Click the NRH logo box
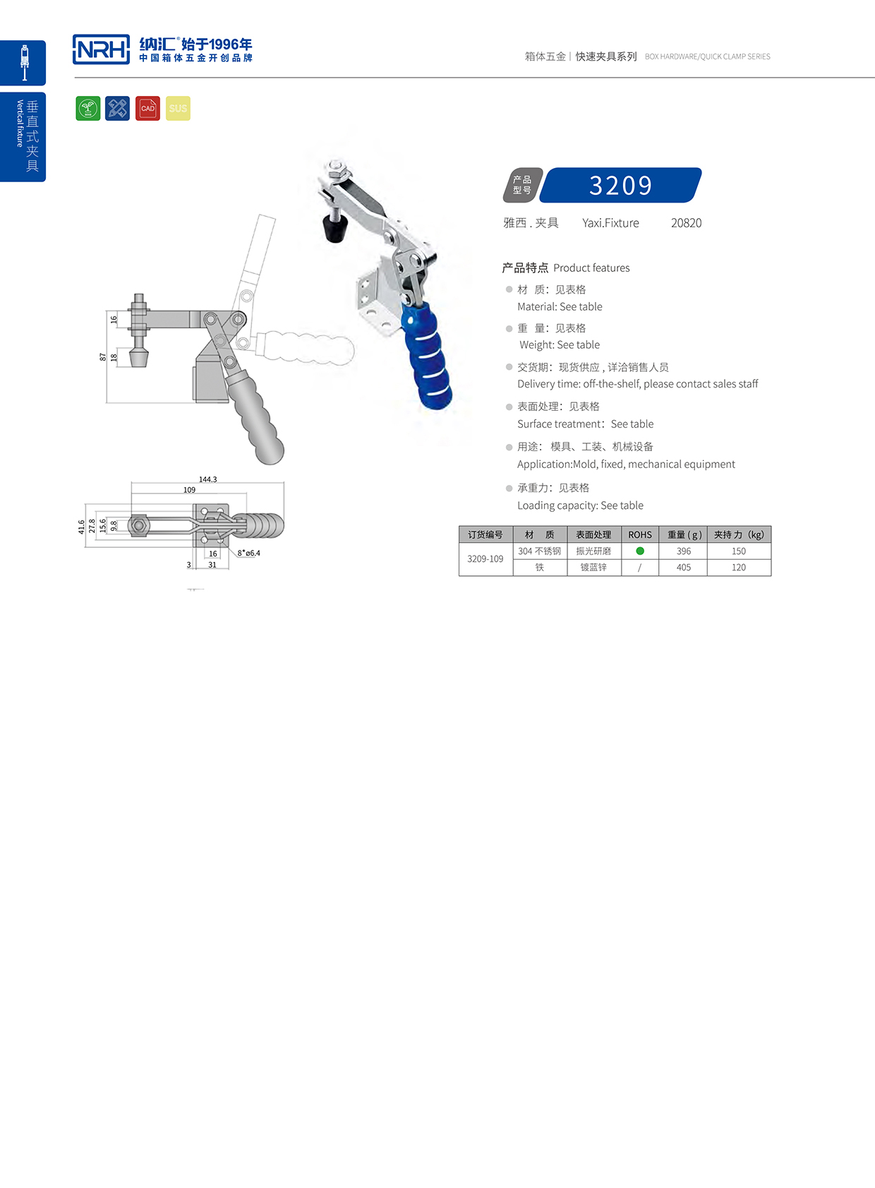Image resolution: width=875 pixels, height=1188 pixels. tap(101, 49)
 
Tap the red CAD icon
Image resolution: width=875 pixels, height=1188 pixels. tap(147, 108)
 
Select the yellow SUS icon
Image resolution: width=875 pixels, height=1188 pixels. tap(178, 108)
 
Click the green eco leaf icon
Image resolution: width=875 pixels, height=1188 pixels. tap(88, 108)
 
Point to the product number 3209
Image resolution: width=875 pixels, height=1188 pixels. tap(621, 186)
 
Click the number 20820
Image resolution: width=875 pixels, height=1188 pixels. tap(686, 223)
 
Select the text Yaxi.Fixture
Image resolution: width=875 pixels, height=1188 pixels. tap(610, 223)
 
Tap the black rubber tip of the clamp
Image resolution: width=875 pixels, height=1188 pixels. tap(334, 227)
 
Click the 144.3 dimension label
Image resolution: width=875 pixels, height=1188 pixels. tap(207, 479)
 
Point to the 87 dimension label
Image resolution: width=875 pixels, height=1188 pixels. tap(103, 357)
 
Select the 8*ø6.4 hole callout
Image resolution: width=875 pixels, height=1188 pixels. tap(248, 553)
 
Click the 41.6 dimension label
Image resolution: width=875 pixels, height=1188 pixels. tap(81, 527)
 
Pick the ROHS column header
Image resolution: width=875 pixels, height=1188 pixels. tap(640, 534)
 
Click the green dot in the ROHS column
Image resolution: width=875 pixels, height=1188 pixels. tap(640, 551)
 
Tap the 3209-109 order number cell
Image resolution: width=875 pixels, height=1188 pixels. tap(485, 559)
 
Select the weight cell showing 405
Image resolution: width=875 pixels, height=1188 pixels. tap(683, 568)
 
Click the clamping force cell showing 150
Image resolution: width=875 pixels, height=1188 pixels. tap(738, 551)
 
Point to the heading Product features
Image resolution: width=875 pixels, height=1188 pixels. tap(591, 268)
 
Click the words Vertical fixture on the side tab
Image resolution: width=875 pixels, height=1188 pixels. tap(20, 124)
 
